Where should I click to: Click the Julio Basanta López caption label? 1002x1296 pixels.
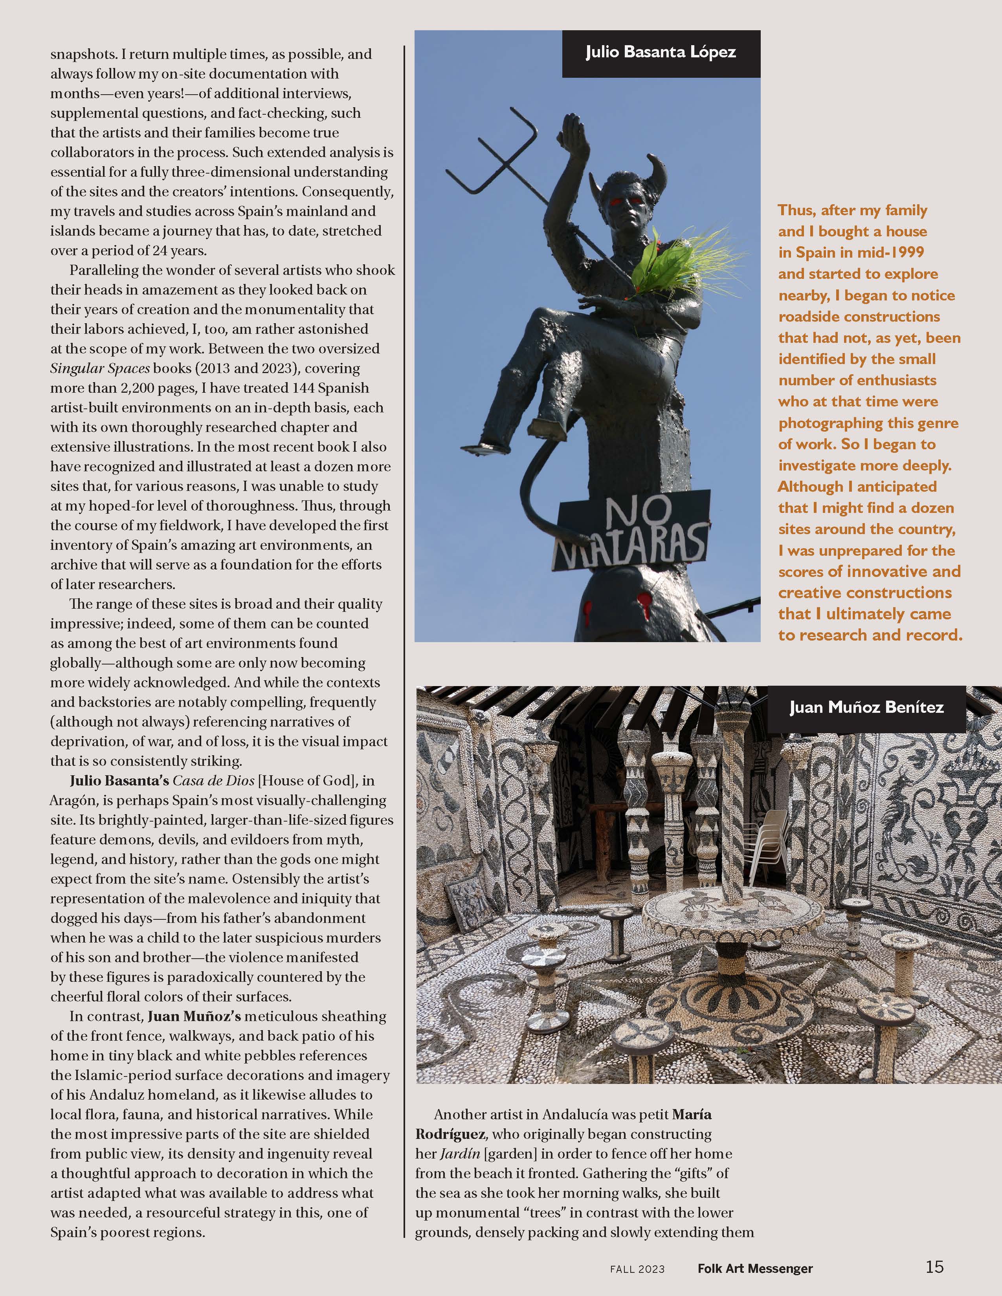tap(661, 53)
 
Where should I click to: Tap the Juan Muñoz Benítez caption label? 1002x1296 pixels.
tap(866, 707)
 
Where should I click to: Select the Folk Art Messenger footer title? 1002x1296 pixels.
tap(755, 1269)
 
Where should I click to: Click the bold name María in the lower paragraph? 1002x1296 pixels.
tap(692, 1115)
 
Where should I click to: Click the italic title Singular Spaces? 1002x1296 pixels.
tap(100, 368)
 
